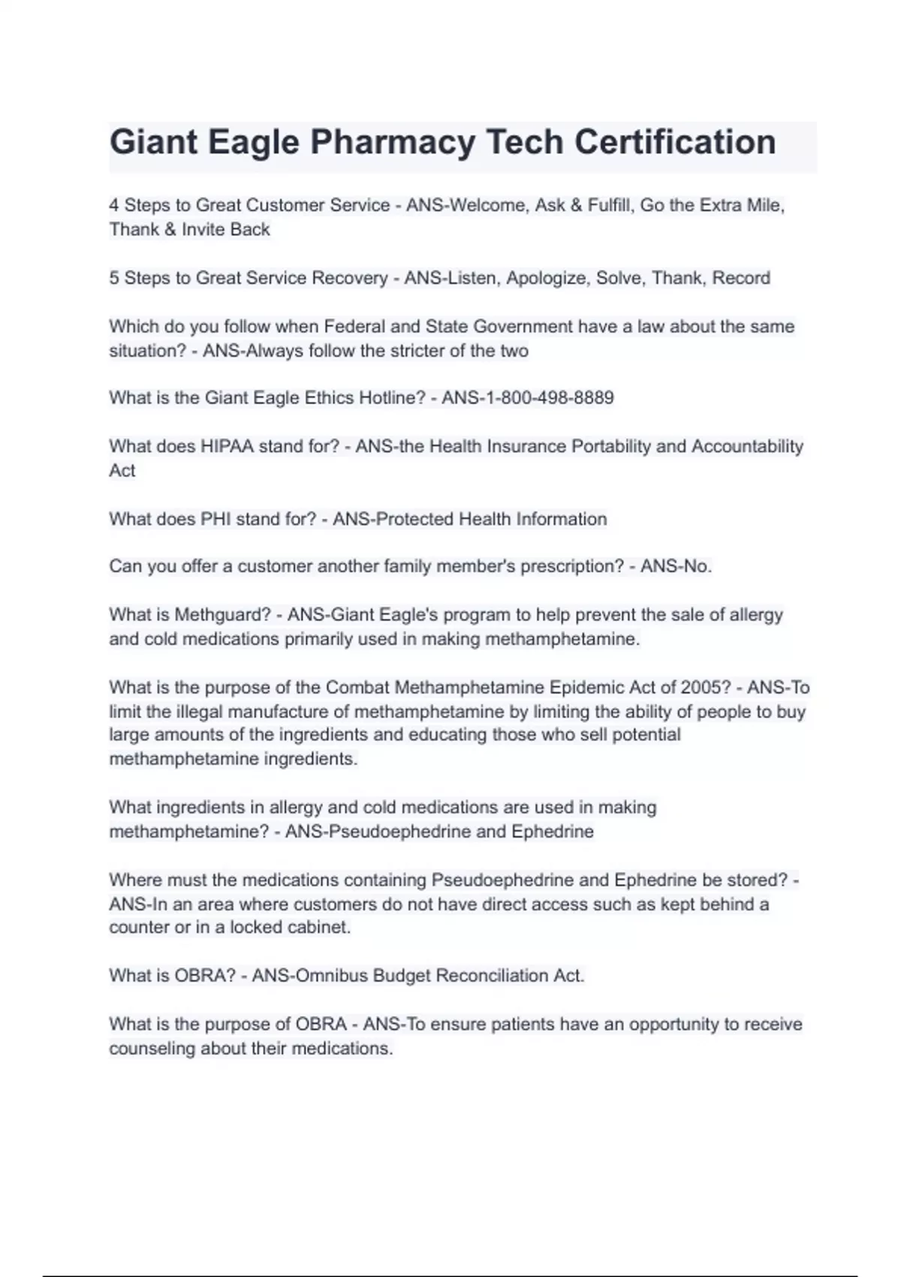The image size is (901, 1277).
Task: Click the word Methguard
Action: pyautogui.click(x=222, y=614)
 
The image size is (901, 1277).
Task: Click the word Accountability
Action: pyautogui.click(x=747, y=446)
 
